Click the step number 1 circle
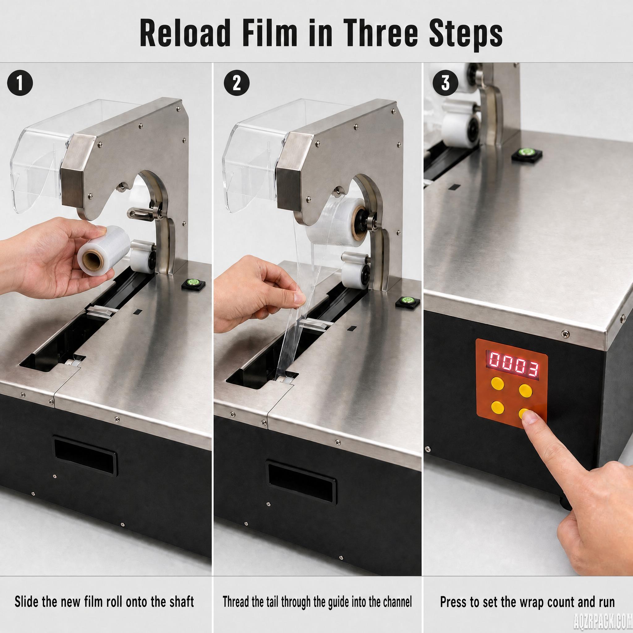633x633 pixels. click(x=20, y=83)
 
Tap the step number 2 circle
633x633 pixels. click(x=236, y=83)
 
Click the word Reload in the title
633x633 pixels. click(x=185, y=33)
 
